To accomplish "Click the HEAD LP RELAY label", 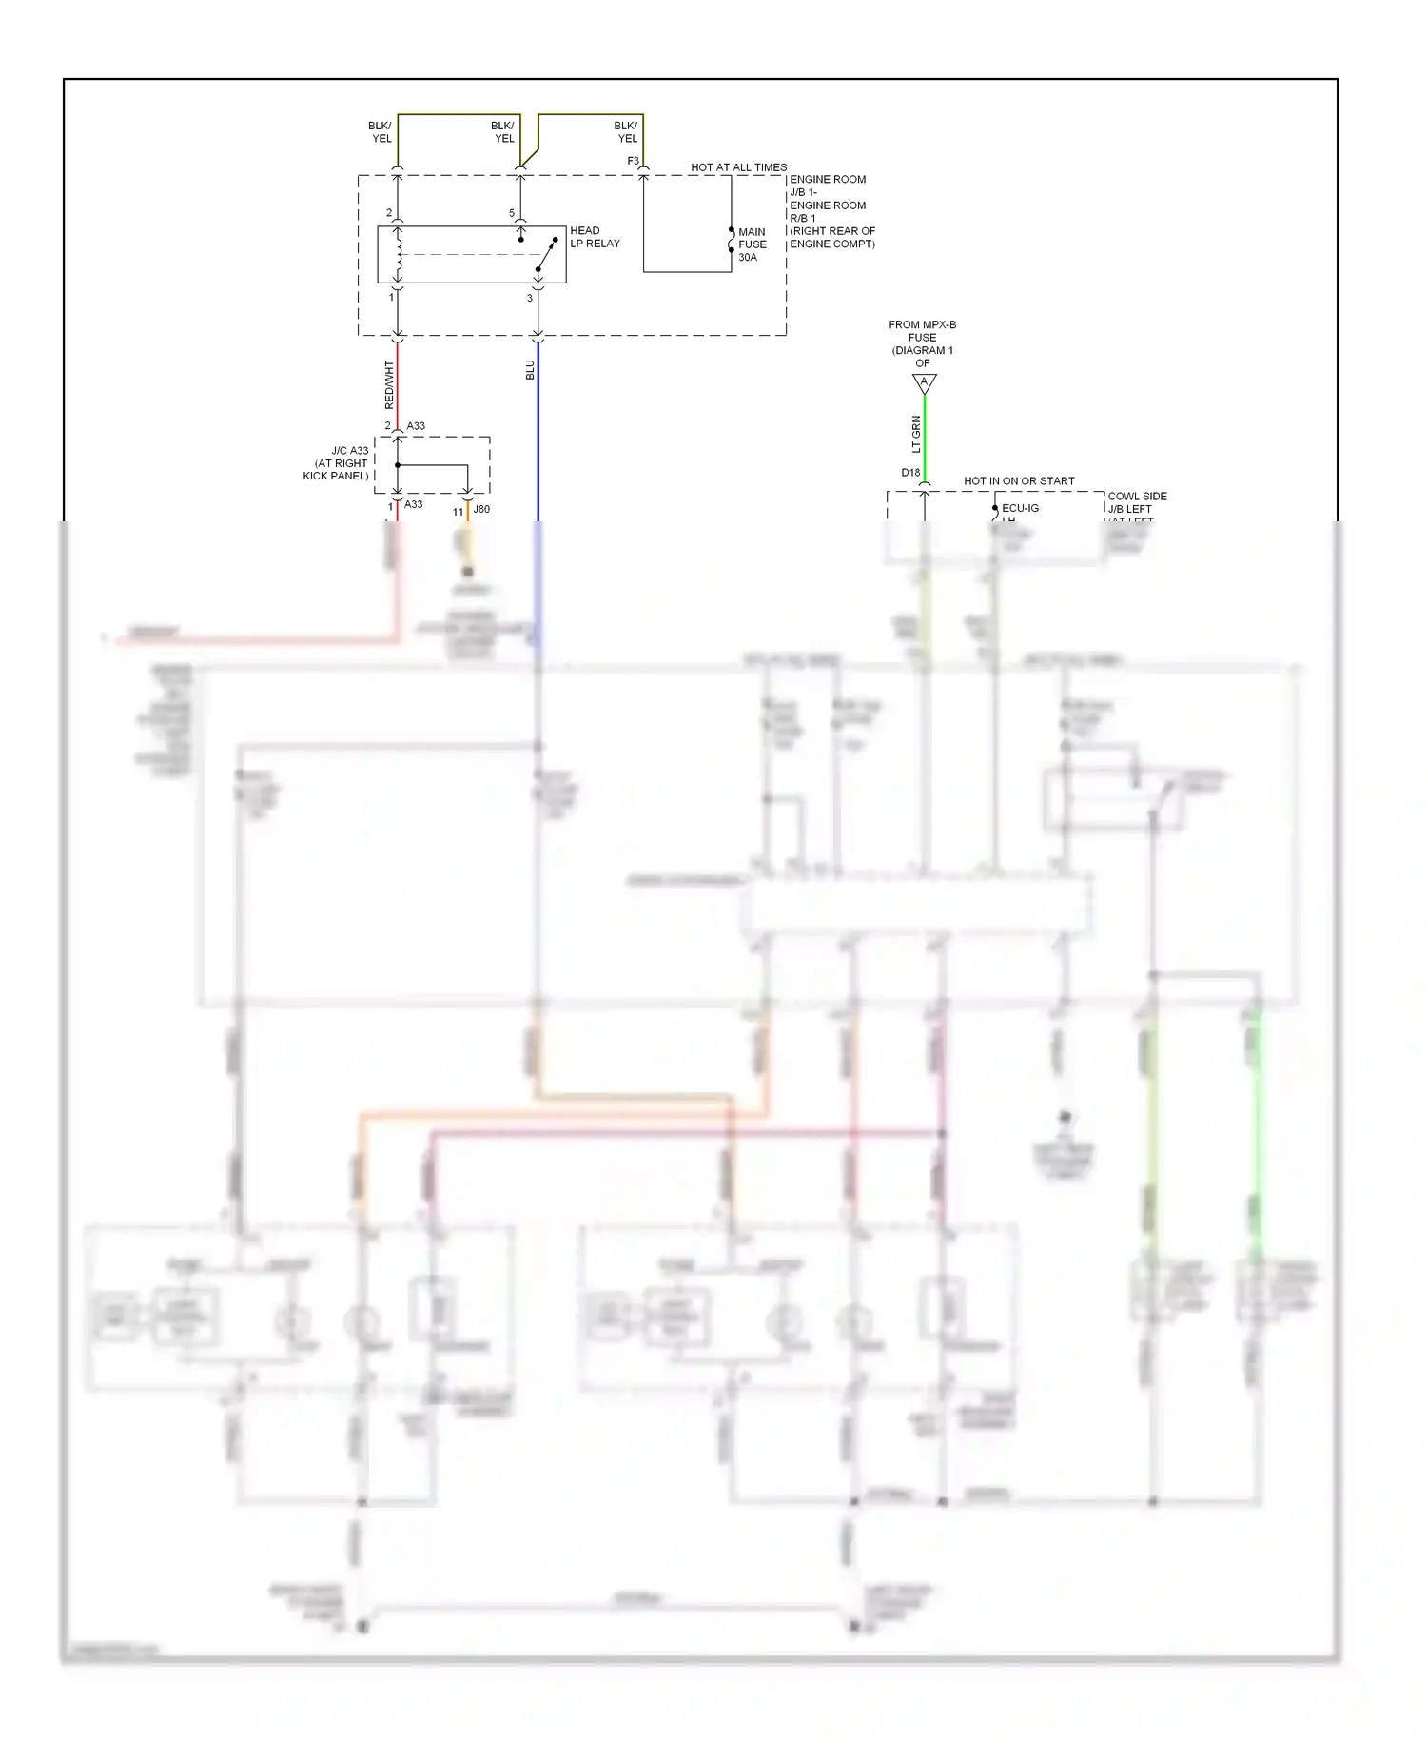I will [x=595, y=237].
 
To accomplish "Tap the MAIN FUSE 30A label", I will [x=752, y=244].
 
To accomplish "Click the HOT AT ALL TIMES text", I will [x=738, y=167].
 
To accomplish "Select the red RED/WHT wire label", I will [x=389, y=385].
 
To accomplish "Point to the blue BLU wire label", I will [x=530, y=370].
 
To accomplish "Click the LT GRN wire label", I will [x=916, y=434].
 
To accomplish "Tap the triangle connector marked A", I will [x=924, y=382].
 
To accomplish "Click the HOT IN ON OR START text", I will [x=1019, y=481].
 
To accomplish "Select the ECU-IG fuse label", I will [x=1020, y=508].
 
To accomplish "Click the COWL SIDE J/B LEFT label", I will [x=1136, y=502].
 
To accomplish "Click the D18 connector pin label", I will [x=910, y=473].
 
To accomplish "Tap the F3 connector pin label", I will [x=633, y=161].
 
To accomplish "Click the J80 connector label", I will [x=481, y=509].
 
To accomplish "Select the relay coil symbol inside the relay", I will [x=399, y=254].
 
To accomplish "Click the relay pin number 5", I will [x=512, y=213].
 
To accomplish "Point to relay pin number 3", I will [x=530, y=298].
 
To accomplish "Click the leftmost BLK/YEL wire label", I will [x=381, y=132].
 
